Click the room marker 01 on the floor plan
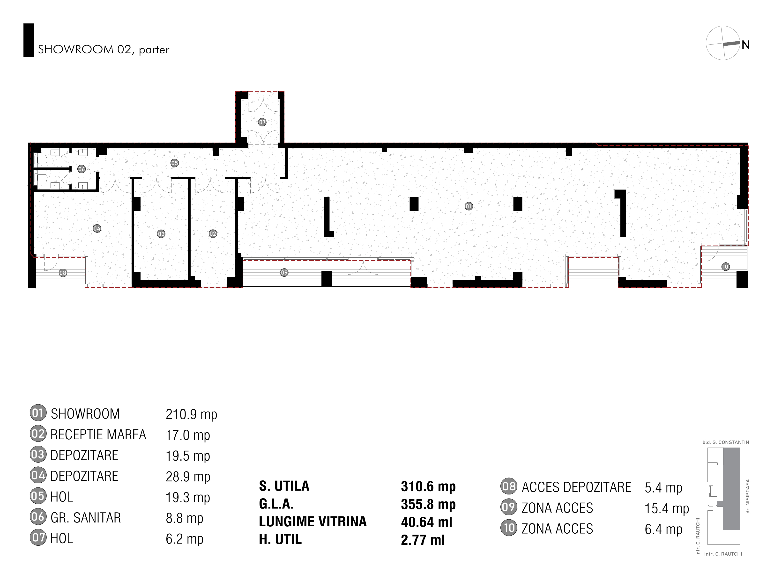(469, 206)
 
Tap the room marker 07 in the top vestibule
(262, 122)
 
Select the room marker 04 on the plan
(97, 229)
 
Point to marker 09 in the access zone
(284, 272)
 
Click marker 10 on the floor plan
(725, 267)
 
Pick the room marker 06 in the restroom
(82, 169)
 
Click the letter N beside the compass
(745, 45)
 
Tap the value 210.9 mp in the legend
(191, 414)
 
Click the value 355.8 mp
(428, 505)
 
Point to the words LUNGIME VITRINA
(313, 522)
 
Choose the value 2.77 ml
(423, 540)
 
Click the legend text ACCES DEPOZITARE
(576, 487)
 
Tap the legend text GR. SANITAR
(86, 518)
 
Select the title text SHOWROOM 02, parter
(104, 50)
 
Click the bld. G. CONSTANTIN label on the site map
(726, 442)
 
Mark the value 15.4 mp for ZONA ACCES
(667, 508)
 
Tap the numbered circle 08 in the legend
(509, 486)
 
